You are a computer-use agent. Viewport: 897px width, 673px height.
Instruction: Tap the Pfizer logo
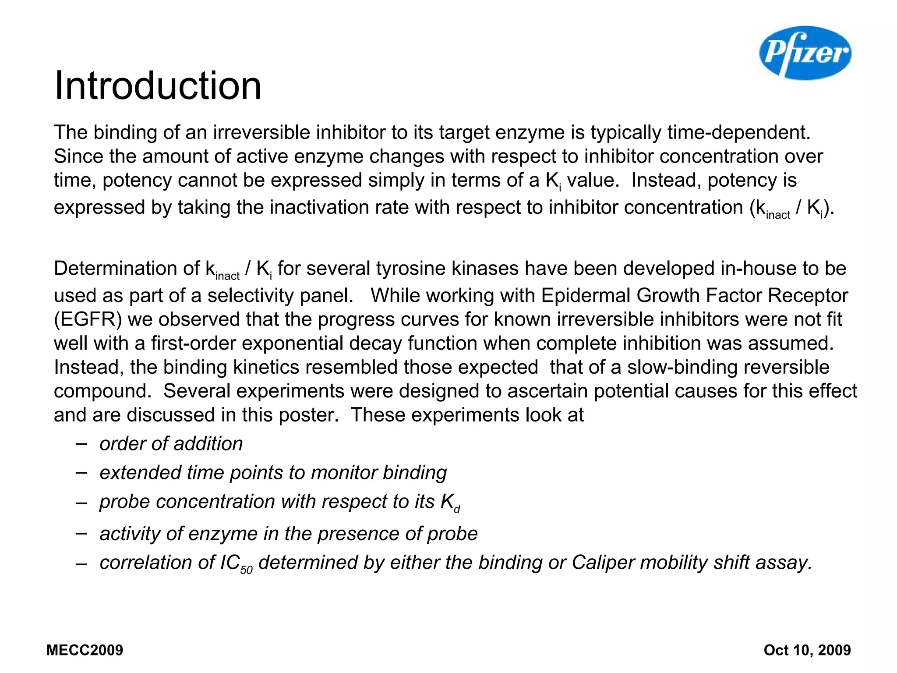point(805,53)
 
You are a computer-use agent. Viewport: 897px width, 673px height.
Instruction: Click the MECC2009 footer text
point(85,650)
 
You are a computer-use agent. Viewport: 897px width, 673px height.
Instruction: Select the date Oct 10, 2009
point(807,650)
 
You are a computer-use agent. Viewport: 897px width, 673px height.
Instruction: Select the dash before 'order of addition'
point(81,443)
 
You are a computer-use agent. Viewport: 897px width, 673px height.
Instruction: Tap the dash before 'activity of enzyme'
point(81,533)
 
